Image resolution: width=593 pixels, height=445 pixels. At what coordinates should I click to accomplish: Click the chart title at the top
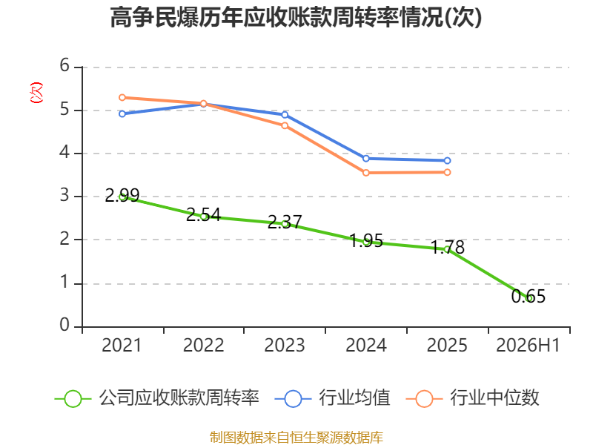coord(296,17)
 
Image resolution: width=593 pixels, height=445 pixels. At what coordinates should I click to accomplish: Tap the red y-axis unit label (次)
coord(36,93)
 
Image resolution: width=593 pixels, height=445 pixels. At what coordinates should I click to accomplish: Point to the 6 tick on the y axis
coord(64,65)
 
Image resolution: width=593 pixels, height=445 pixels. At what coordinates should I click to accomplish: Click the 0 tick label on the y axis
coord(64,325)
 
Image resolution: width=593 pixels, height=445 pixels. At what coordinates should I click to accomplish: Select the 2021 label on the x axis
coord(122,345)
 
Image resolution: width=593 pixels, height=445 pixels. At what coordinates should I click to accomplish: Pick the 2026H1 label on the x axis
coord(528,345)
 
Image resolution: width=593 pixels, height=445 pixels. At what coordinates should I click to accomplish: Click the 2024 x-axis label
coord(366,345)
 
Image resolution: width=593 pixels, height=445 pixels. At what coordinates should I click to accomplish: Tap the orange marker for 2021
coord(122,98)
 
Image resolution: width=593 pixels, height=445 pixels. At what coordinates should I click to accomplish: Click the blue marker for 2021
coord(122,114)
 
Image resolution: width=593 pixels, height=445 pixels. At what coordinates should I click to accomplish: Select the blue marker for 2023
coord(285,115)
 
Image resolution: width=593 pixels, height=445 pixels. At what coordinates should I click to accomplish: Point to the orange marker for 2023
coord(285,125)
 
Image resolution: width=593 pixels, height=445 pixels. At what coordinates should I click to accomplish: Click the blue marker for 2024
coord(366,159)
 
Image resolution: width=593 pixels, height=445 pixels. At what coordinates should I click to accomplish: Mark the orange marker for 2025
coord(448,172)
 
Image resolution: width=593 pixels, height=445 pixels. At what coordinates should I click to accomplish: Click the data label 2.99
coord(122,195)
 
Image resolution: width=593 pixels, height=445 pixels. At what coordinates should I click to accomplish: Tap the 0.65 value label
coord(529,296)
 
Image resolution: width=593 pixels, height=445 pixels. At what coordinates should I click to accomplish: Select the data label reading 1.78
coord(448,248)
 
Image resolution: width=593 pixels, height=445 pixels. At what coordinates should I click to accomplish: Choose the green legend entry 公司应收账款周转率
coord(157,398)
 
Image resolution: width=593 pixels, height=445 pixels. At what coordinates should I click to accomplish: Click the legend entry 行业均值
coord(332,398)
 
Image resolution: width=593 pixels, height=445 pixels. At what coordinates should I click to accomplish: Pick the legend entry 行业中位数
coord(472,398)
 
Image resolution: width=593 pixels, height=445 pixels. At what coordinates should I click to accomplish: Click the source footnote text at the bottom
coord(296,438)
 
